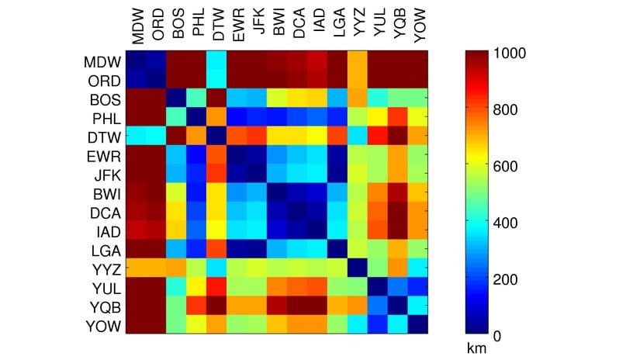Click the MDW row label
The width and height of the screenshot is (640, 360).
(103, 61)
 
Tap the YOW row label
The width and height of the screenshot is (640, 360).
(103, 325)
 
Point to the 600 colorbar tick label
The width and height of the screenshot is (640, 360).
(503, 166)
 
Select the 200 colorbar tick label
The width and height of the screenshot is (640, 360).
(503, 279)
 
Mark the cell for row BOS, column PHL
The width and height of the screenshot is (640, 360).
(197, 99)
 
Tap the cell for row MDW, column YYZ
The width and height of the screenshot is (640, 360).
(358, 61)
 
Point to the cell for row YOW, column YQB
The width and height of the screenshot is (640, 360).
(399, 325)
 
